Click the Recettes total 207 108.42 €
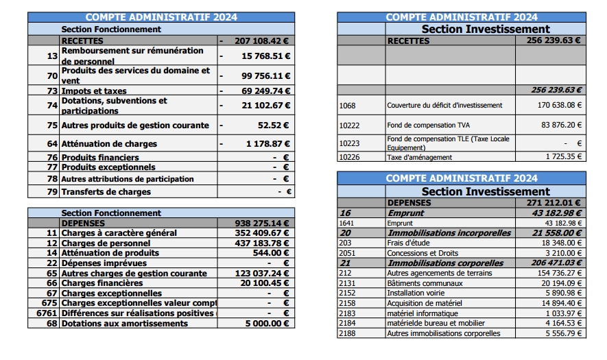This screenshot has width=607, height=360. [261, 40]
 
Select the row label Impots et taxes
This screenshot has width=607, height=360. [94, 91]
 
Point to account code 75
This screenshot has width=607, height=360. [52, 125]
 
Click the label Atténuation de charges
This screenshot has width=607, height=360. [109, 144]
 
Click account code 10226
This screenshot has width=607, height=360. [349, 157]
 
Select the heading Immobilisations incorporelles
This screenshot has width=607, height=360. [449, 233]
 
